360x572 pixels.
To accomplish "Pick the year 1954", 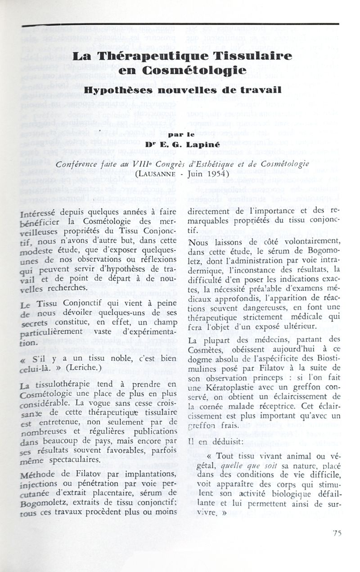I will pos(219,173).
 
